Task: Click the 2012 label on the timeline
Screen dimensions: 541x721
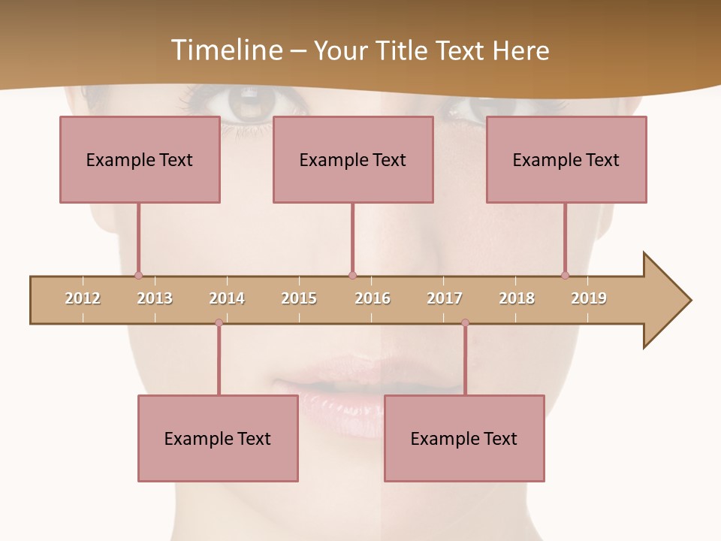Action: point(83,298)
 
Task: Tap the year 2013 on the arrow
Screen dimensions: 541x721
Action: point(155,298)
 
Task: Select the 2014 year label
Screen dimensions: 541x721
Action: point(227,298)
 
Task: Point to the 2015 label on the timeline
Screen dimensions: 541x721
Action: point(299,298)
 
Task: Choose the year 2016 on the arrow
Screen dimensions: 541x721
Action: point(373,298)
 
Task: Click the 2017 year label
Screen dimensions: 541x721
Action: point(445,298)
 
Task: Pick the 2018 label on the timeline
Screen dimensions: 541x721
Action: point(517,298)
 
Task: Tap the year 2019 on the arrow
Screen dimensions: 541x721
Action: point(589,298)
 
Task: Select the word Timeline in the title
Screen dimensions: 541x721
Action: point(225,50)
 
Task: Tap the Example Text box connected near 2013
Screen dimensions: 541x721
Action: point(140,159)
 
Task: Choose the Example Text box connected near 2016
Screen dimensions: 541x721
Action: point(353,159)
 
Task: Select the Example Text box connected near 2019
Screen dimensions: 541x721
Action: point(566,159)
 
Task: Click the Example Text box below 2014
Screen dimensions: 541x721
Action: point(218,438)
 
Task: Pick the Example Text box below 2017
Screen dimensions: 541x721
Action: point(464,438)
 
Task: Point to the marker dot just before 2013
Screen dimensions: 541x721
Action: point(138,275)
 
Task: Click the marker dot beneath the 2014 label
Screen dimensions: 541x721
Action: point(219,322)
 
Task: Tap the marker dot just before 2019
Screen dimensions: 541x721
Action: point(565,275)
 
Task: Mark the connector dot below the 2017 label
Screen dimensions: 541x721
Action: point(465,322)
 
